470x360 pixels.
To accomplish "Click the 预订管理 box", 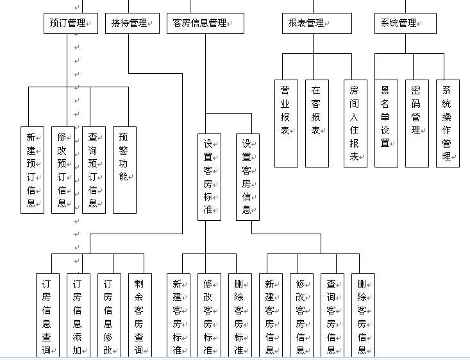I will (71, 24).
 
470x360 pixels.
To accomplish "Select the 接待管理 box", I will (133, 24).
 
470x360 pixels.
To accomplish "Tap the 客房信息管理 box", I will (205, 24).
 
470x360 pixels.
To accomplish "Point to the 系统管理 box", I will (405, 24).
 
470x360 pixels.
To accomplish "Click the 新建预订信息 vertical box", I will (32, 169).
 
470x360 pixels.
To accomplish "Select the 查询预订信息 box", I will (94, 169).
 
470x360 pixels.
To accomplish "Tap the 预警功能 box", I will (124, 169).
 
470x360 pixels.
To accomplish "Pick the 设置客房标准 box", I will (209, 176).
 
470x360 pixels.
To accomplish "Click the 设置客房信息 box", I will (248, 176).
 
